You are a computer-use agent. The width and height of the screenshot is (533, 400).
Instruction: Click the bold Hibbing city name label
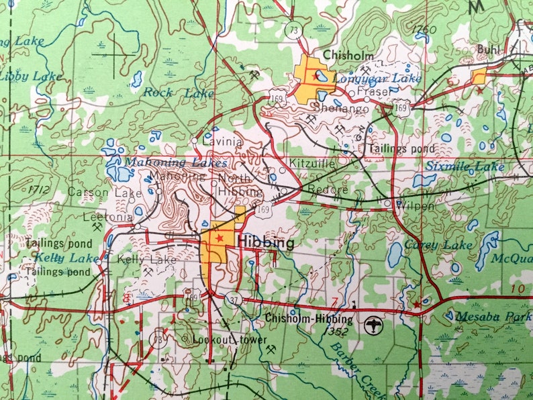click(266, 243)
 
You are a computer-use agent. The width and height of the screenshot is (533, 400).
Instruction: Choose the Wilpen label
click(416, 205)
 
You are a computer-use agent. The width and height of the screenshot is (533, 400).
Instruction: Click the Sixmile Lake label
click(475, 165)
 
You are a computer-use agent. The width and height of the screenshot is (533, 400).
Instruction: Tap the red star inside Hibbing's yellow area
click(218, 238)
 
